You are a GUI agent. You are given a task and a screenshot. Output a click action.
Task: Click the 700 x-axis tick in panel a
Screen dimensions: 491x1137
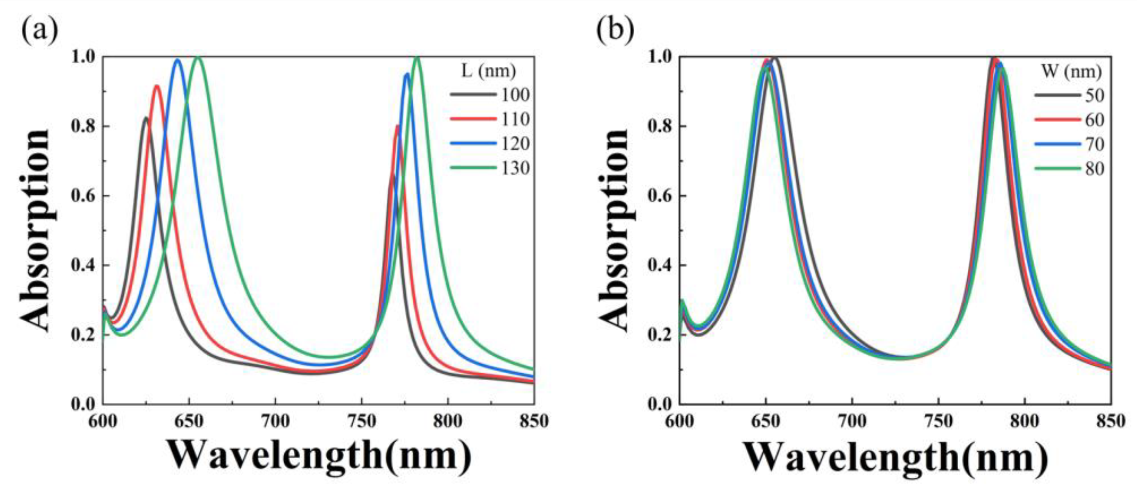275,421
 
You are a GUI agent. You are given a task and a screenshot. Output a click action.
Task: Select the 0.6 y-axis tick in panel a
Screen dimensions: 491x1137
84,196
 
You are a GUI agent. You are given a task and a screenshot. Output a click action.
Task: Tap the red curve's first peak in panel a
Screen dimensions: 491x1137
157,86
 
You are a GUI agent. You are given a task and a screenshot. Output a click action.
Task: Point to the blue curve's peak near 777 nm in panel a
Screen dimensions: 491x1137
407,74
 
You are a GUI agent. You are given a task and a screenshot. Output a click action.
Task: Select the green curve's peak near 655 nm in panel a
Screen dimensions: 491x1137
198,57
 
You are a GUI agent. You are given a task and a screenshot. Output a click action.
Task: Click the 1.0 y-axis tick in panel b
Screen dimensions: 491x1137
661,57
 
